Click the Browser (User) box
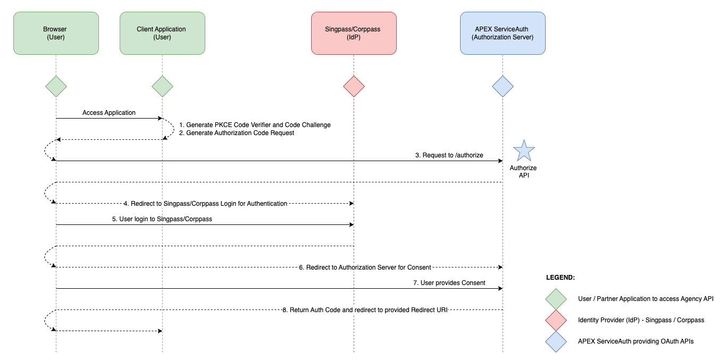tap(56, 33)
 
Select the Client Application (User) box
tap(162, 33)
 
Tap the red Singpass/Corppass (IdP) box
tap(354, 33)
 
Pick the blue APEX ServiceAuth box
tap(503, 33)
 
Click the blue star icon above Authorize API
tap(524, 151)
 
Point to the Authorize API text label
tap(523, 171)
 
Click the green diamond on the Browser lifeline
tap(56, 86)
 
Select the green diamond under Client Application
tap(162, 86)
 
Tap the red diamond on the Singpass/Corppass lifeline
tap(354, 86)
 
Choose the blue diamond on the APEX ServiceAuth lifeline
tap(503, 86)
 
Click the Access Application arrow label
tap(109, 113)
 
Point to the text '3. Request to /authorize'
tap(449, 155)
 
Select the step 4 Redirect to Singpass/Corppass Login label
tap(205, 203)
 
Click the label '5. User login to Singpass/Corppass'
tap(162, 219)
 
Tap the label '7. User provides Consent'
tap(449, 283)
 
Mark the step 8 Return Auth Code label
tap(365, 309)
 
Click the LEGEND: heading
tap(560, 278)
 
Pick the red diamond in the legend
tap(556, 320)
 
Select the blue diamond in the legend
tap(556, 341)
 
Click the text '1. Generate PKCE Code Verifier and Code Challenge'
tap(255, 125)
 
